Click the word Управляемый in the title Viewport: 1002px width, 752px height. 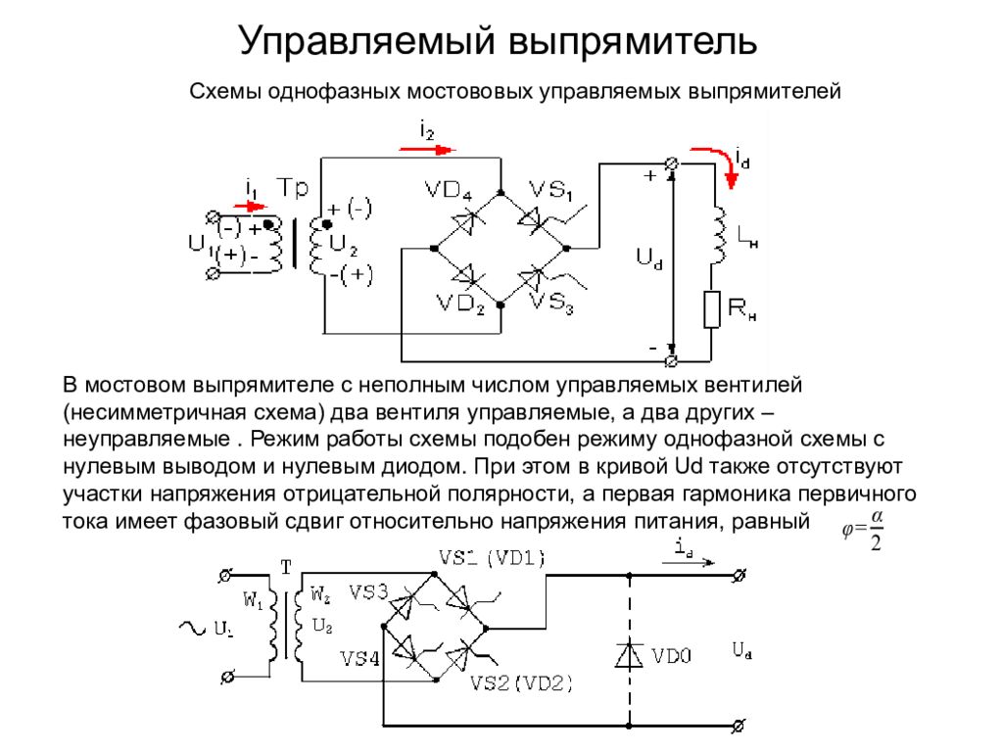[x=366, y=43]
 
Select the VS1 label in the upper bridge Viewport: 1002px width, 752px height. [x=550, y=190]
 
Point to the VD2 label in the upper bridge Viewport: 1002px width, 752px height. [x=460, y=304]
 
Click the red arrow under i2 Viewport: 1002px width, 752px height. [x=427, y=150]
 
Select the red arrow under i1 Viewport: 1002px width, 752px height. [x=249, y=207]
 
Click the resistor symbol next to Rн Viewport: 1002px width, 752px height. [x=712, y=309]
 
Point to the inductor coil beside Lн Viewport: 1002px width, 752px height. [x=719, y=234]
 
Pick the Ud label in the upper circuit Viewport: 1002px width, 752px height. [x=649, y=258]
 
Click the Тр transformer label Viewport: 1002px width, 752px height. [x=292, y=188]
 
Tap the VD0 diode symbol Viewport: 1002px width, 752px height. [x=629, y=654]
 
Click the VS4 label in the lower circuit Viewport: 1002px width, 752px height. [x=359, y=658]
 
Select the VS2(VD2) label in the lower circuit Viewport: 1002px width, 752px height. [x=521, y=683]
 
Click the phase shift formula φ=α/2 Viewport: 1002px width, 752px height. [x=863, y=530]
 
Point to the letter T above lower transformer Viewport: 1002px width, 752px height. [x=286, y=567]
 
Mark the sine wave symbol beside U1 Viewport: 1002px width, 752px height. [x=192, y=628]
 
